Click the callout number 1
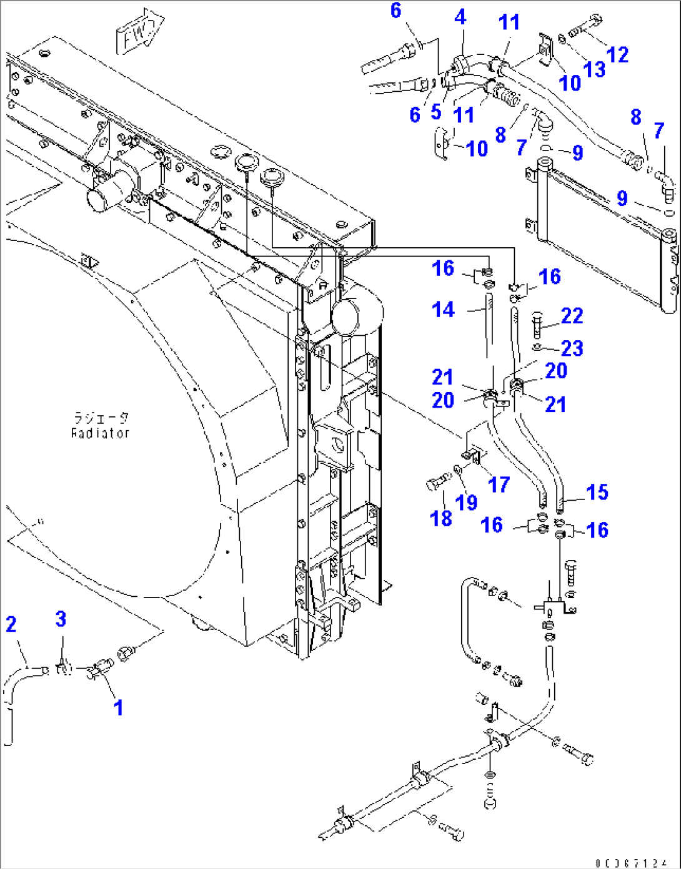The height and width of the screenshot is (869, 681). [x=117, y=707]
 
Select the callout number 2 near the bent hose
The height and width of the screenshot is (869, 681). [x=11, y=624]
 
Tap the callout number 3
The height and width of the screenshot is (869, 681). [x=61, y=619]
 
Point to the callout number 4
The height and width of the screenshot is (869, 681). [x=460, y=17]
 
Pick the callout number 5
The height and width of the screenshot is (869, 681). [x=436, y=112]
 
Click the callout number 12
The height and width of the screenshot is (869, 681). [x=617, y=54]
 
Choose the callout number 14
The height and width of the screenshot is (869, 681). [x=443, y=309]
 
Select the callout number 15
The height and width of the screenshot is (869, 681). [x=597, y=492]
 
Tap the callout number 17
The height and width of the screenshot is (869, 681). [x=499, y=484]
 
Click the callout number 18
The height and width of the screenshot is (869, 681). [x=441, y=518]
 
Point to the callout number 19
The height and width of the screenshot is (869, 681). [x=467, y=502]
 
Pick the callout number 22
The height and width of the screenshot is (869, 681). [x=572, y=316]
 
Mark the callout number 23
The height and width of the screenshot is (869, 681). [x=572, y=348]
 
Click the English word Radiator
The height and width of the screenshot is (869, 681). [x=100, y=433]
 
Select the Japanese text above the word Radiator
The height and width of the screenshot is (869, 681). [x=100, y=418]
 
